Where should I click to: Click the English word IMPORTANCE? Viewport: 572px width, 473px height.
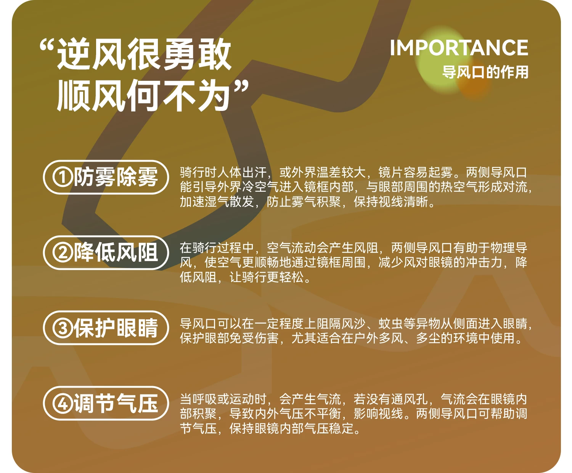459,48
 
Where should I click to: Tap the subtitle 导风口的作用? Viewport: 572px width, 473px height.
485,72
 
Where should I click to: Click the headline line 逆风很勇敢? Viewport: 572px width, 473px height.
144,54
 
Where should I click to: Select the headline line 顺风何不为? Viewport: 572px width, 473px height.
143,95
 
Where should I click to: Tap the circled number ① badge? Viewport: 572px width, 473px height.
63,177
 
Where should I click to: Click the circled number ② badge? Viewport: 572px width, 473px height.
63,253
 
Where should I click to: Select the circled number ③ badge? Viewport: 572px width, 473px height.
63,328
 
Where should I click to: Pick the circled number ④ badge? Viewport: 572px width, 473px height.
63,403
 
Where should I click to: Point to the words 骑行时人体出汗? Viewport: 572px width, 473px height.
223,172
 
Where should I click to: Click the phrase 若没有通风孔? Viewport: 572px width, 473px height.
390,399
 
